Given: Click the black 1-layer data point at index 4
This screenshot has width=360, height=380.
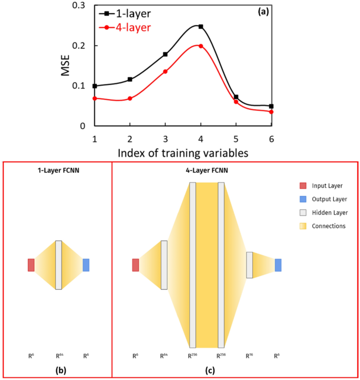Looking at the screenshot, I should pos(200,26).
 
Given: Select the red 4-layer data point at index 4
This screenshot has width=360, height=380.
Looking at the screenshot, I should pos(200,46).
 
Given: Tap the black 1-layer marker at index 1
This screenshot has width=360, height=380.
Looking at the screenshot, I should pos(95,86).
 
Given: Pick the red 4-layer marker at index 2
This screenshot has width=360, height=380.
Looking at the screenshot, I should pos(130,98).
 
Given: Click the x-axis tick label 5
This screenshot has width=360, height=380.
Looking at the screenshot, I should pos(236,139).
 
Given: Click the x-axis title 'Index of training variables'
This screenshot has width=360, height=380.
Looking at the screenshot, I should pos(183,153).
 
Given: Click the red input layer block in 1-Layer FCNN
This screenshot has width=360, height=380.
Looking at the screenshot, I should pos(31,265).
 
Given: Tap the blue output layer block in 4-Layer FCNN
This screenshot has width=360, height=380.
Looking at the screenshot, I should pos(278,265).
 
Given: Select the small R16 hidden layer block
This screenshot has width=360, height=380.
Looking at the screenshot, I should pos(249,265).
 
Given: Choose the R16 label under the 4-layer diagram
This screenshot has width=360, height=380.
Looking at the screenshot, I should pos(249,356).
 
